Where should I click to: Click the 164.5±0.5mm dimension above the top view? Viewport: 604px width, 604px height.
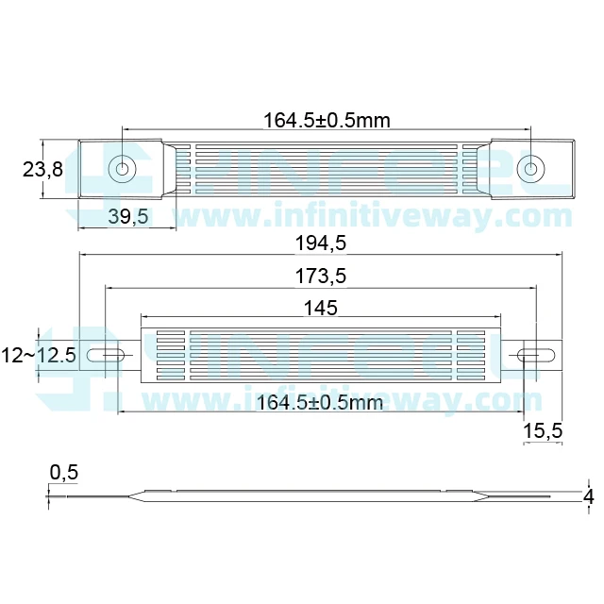(327, 120)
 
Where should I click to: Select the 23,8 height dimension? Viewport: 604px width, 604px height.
(42, 169)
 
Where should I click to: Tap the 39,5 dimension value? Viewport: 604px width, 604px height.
(127, 216)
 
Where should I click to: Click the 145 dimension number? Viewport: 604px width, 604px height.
(320, 307)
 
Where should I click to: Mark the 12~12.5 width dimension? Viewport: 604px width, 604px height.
(39, 356)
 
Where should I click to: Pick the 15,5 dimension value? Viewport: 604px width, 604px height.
(543, 430)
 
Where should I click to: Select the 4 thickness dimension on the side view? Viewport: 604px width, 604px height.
(589, 495)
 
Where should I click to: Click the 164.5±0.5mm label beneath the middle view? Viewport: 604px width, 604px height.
(320, 403)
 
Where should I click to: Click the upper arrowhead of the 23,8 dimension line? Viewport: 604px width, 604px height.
(42, 143)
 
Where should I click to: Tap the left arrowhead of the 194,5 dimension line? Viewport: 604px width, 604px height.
(82, 255)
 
